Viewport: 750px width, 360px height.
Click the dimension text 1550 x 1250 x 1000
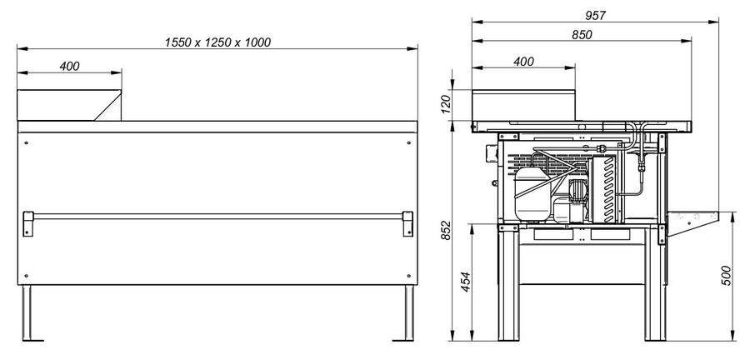(217, 42)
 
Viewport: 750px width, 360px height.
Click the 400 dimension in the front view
(69, 67)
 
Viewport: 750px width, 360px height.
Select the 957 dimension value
(596, 16)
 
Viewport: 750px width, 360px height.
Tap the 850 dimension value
(582, 35)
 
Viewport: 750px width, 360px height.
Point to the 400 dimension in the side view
(524, 62)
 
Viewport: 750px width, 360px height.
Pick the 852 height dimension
(445, 231)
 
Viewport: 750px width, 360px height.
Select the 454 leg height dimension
(465, 282)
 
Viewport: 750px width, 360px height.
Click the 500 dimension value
(726, 276)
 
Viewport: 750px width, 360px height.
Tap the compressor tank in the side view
(532, 193)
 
